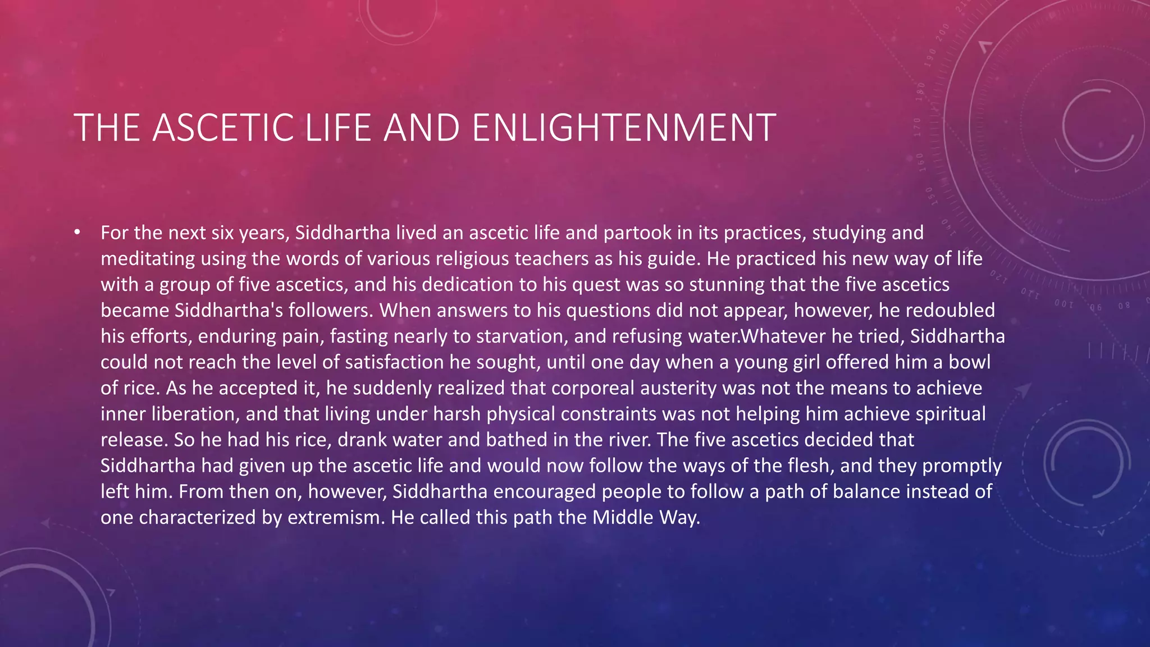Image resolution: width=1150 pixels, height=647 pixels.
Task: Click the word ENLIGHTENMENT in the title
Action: click(x=624, y=128)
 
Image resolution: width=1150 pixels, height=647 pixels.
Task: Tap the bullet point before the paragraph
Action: click(x=77, y=233)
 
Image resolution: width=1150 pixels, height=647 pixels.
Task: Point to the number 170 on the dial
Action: click(x=917, y=126)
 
